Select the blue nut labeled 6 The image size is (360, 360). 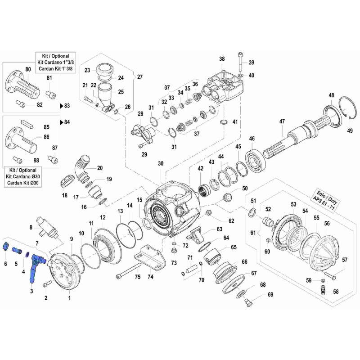click(x=6, y=247)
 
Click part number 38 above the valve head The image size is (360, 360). click(x=221, y=59)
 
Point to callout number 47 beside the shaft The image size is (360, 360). click(x=282, y=121)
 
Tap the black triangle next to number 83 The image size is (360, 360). click(x=62, y=106)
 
